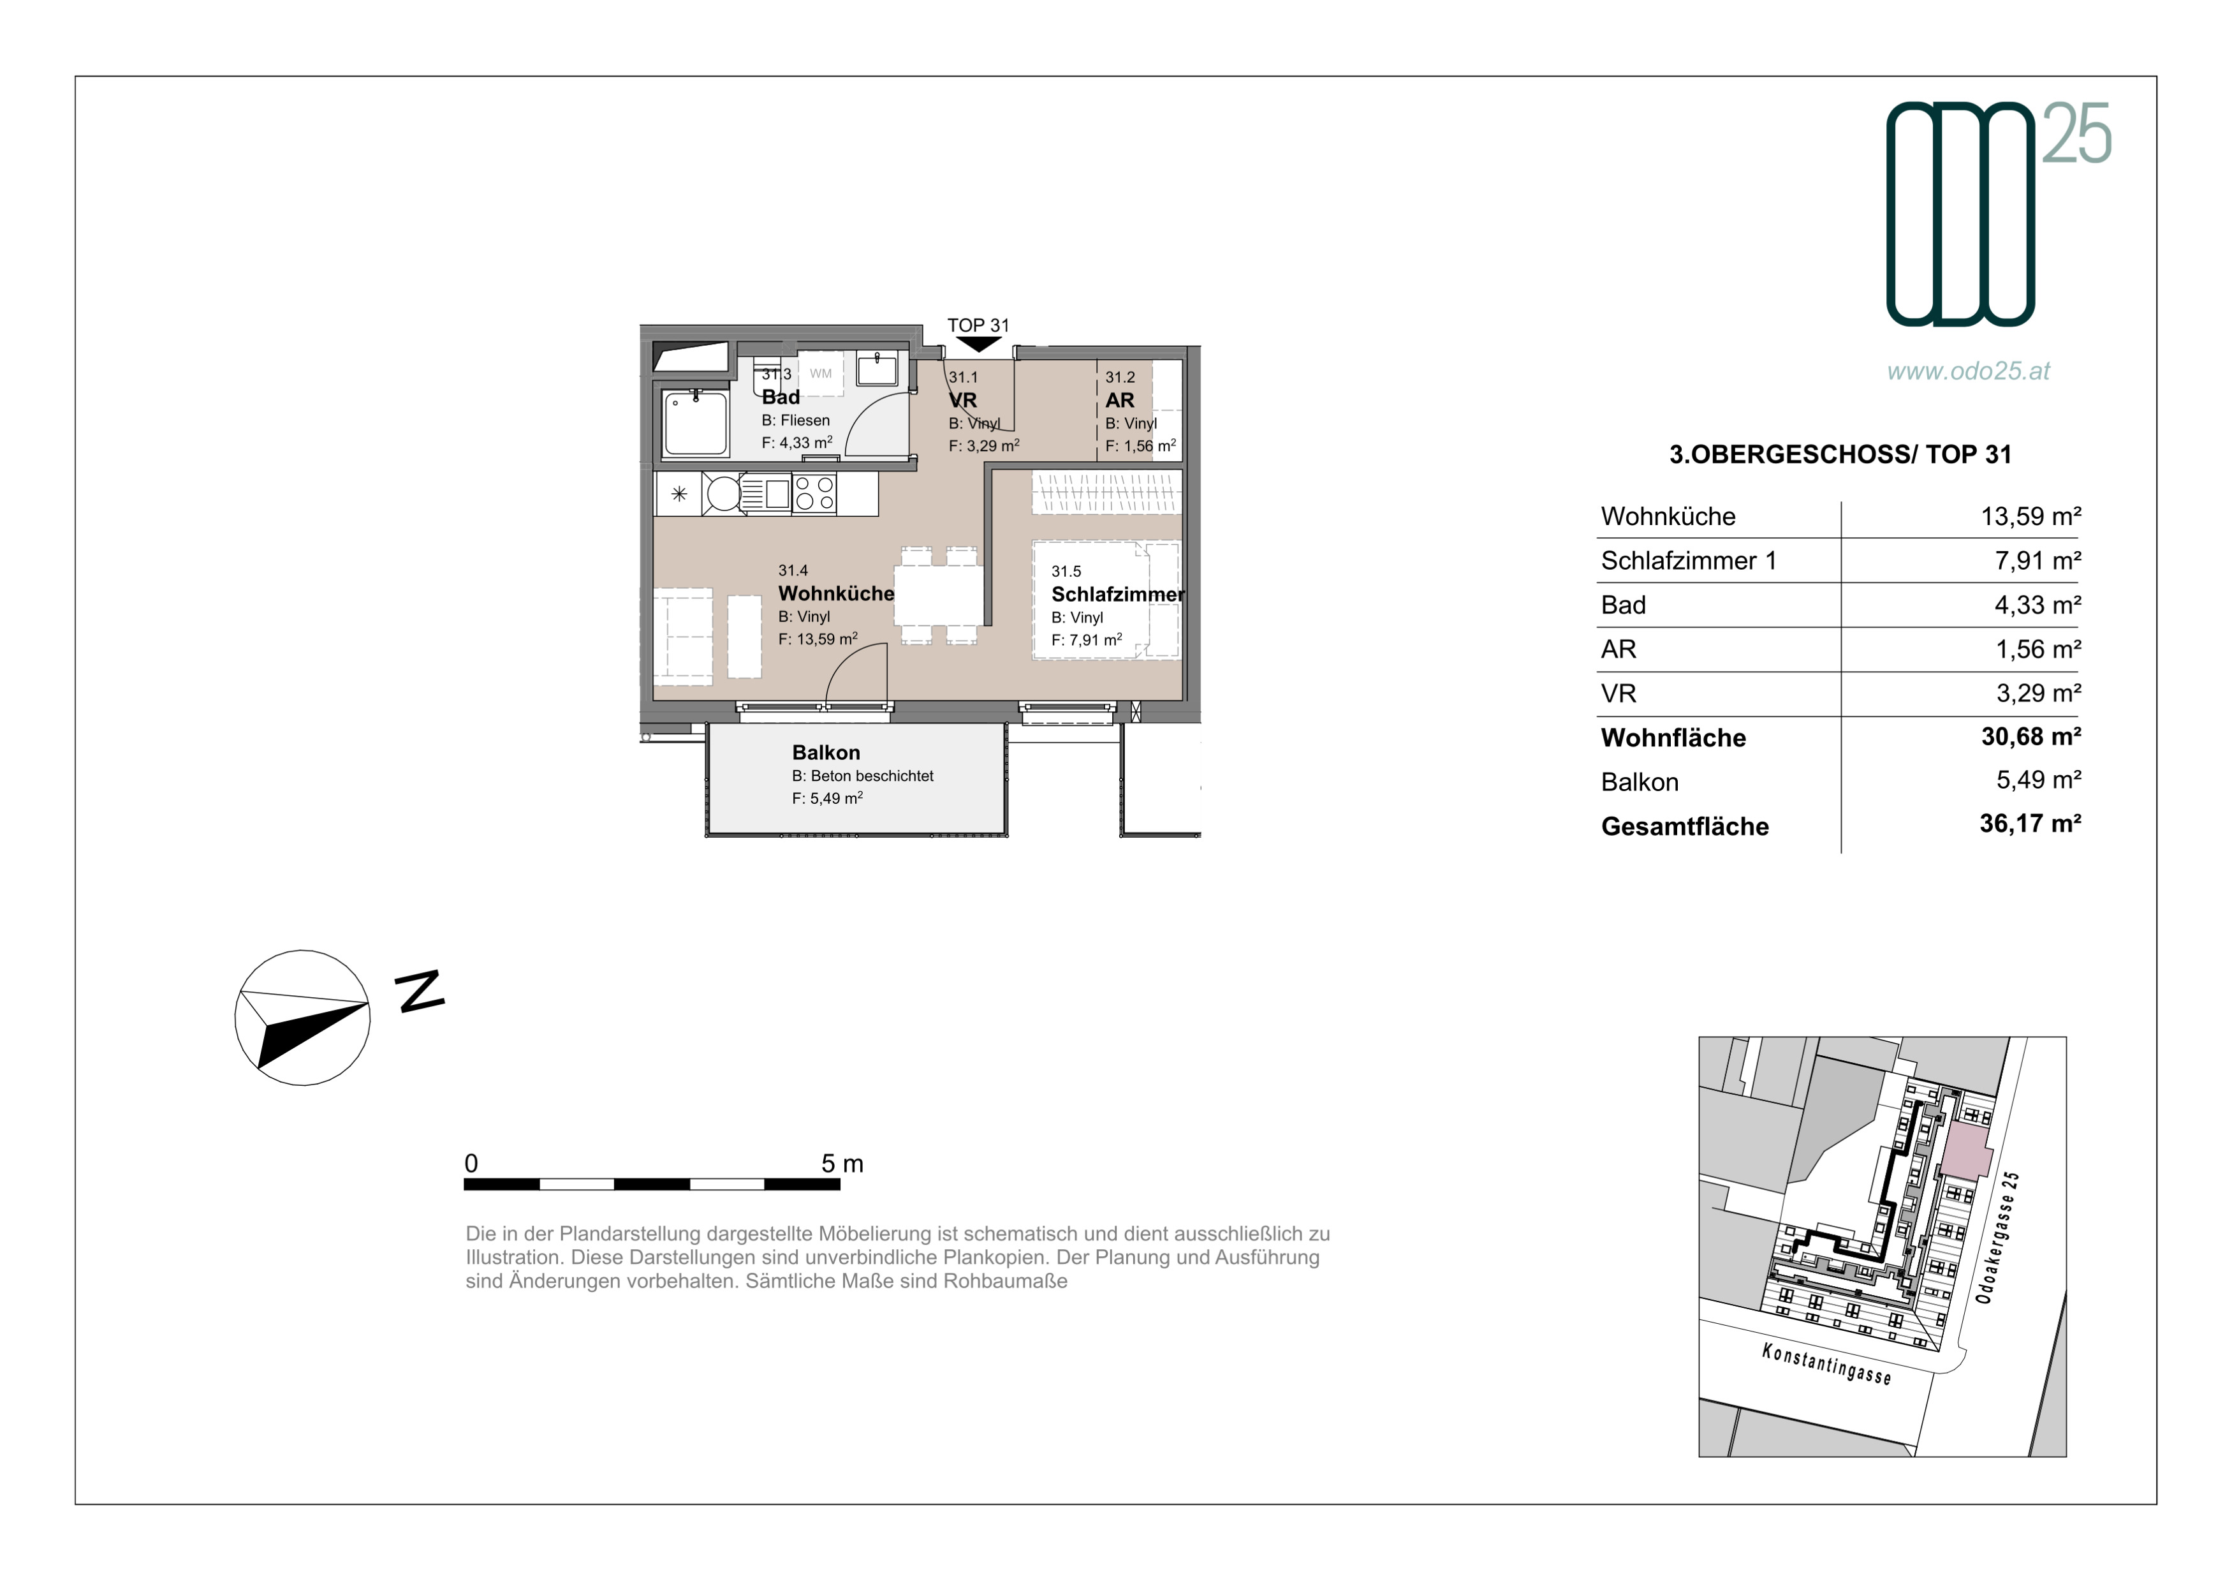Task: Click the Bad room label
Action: pyautogui.click(x=781, y=397)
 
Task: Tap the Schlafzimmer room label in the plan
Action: pyautogui.click(x=1118, y=594)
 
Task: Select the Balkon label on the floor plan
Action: pyautogui.click(x=825, y=753)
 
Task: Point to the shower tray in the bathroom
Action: pyautogui.click(x=695, y=423)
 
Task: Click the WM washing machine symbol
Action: pyautogui.click(x=821, y=373)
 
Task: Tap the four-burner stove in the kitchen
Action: pyautogui.click(x=814, y=493)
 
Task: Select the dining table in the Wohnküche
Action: pyautogui.click(x=938, y=595)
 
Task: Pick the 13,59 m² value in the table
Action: pyautogui.click(x=2030, y=516)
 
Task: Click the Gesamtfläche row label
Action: pyautogui.click(x=1685, y=826)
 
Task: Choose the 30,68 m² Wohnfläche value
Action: pyautogui.click(x=2030, y=737)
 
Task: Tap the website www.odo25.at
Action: pyautogui.click(x=1969, y=371)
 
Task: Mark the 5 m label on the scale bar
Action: pyautogui.click(x=842, y=1163)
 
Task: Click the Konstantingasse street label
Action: pyautogui.click(x=1826, y=1364)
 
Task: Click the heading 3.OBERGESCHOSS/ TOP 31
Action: pyautogui.click(x=1840, y=454)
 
